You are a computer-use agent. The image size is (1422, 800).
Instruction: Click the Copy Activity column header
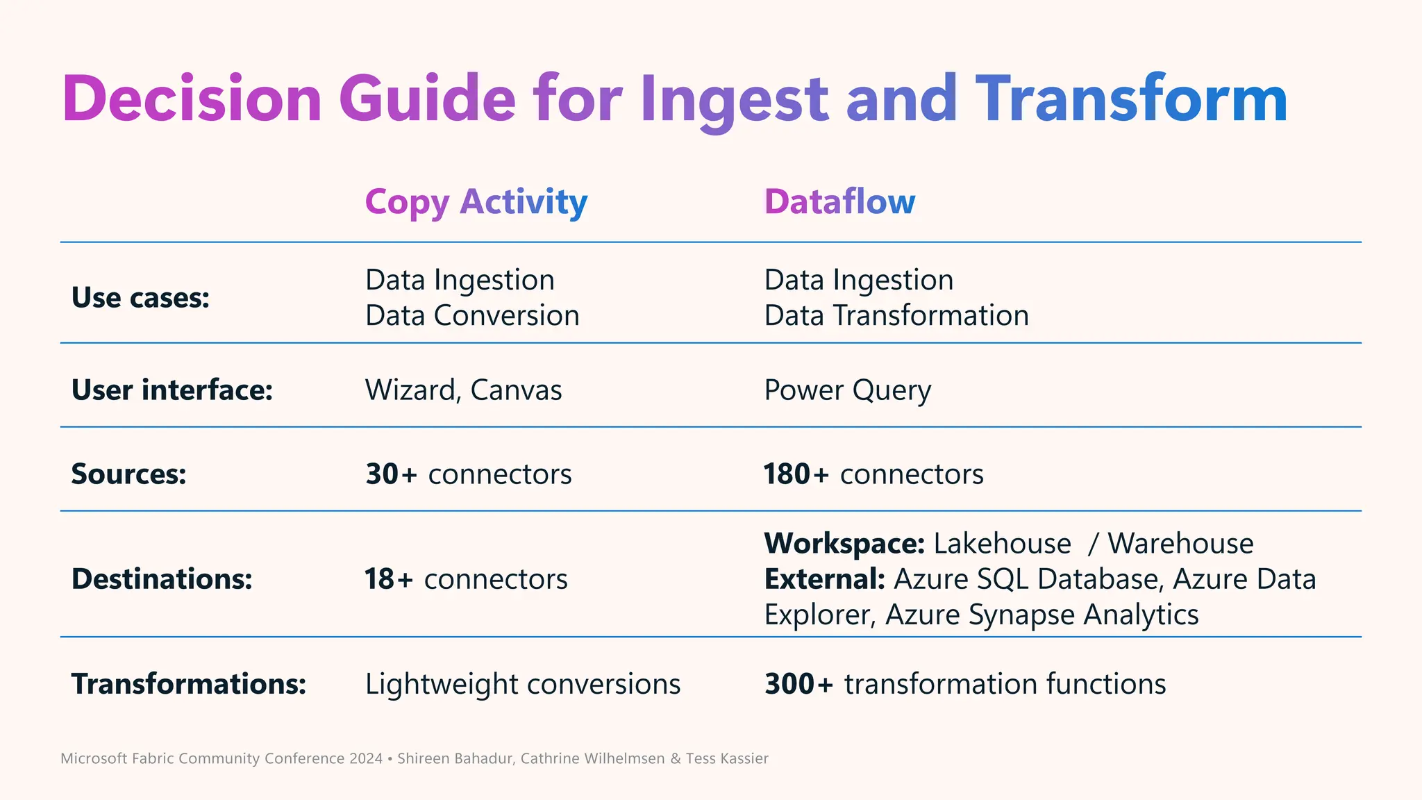(x=476, y=202)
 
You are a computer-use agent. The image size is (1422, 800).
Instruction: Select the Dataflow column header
(x=839, y=202)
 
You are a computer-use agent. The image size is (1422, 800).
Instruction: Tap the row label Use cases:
(x=140, y=298)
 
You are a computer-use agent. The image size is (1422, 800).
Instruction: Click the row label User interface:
(x=172, y=390)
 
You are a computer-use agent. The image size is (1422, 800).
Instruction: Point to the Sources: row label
(x=129, y=474)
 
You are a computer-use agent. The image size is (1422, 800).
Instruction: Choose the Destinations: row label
(x=162, y=579)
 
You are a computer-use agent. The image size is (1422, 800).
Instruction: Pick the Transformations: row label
(x=189, y=684)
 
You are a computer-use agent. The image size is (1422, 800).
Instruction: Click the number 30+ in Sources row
(x=392, y=474)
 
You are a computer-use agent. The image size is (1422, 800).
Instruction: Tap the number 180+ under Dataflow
(x=796, y=474)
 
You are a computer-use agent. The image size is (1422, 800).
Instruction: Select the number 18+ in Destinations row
(x=389, y=579)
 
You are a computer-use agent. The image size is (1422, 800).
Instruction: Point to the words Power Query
(x=847, y=390)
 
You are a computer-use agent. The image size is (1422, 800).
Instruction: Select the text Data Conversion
(x=472, y=316)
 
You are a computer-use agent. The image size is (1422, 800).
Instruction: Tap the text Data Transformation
(x=896, y=316)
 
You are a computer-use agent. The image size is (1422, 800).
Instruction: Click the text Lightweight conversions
(x=523, y=684)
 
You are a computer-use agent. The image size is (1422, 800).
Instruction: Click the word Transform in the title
(x=1132, y=99)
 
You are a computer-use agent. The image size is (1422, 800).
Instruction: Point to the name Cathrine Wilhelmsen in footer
(x=592, y=758)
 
